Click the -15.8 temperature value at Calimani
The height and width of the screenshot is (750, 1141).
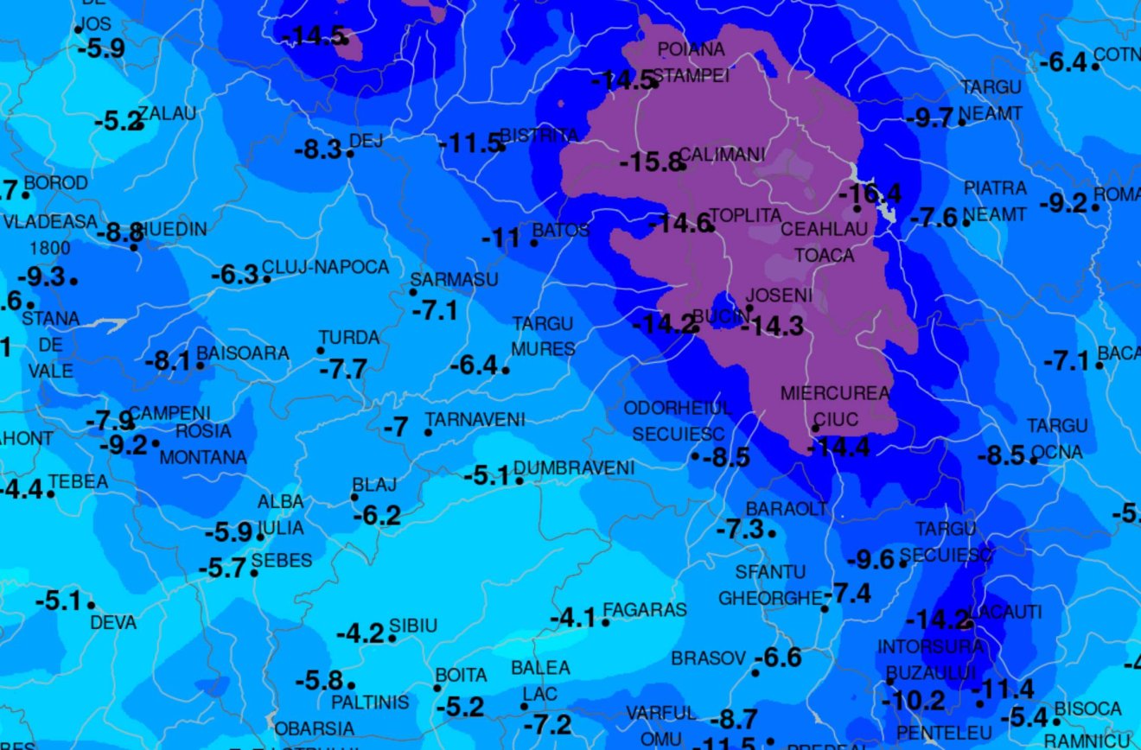pyautogui.click(x=648, y=162)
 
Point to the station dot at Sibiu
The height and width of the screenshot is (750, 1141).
pyautogui.click(x=392, y=639)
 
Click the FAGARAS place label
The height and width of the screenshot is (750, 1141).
pyautogui.click(x=645, y=610)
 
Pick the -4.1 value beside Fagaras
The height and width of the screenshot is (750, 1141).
pyautogui.click(x=572, y=619)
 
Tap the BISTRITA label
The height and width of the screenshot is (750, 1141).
pyautogui.click(x=539, y=136)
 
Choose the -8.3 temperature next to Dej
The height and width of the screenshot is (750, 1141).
pyautogui.click(x=317, y=150)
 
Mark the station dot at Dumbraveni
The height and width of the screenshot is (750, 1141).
pyautogui.click(x=520, y=480)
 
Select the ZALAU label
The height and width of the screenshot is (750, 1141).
pyautogui.click(x=168, y=113)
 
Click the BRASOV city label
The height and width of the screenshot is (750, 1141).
pyautogui.click(x=708, y=658)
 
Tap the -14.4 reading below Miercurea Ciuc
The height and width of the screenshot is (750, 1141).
pyautogui.click(x=838, y=447)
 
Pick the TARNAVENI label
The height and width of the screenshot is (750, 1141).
pyautogui.click(x=475, y=420)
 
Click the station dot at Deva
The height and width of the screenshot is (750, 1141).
pyautogui.click(x=91, y=605)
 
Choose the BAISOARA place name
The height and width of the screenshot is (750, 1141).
pyautogui.click(x=243, y=353)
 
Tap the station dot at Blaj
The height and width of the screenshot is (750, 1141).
pyautogui.click(x=354, y=497)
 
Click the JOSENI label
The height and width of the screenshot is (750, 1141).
pyautogui.click(x=779, y=296)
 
